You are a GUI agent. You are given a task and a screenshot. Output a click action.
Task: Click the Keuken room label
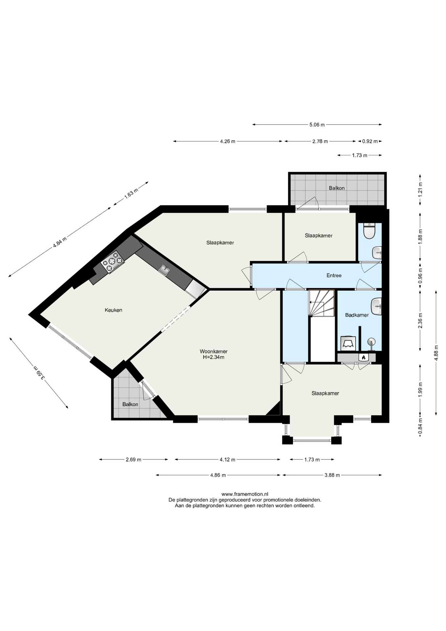tap(113, 310)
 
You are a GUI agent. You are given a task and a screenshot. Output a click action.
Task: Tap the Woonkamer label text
tap(213, 351)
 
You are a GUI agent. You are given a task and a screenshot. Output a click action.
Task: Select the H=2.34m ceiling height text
tap(213, 357)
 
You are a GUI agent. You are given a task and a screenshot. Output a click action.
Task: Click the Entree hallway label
tap(334, 275)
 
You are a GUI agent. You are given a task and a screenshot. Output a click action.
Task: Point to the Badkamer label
tap(357, 315)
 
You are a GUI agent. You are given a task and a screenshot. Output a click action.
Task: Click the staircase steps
tap(321, 303)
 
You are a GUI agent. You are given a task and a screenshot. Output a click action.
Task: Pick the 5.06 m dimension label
tap(317, 125)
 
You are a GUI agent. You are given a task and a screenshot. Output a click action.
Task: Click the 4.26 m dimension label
tap(228, 141)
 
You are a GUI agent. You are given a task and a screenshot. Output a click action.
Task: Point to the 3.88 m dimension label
tap(332, 475)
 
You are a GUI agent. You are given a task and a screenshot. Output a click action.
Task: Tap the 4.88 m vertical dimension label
tap(436, 353)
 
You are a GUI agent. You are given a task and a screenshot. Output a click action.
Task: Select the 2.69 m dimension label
tap(133, 459)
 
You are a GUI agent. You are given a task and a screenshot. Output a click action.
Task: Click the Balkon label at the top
tap(337, 188)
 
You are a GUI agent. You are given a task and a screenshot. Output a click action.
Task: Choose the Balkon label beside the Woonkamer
tap(130, 404)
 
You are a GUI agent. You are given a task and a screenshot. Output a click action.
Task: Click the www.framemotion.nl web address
tap(245, 494)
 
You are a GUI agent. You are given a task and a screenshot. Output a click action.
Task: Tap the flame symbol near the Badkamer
tap(363, 357)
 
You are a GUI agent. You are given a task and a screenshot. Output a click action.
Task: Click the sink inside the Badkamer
tap(376, 306)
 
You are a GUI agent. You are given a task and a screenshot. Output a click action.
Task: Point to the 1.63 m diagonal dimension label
tap(131, 194)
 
